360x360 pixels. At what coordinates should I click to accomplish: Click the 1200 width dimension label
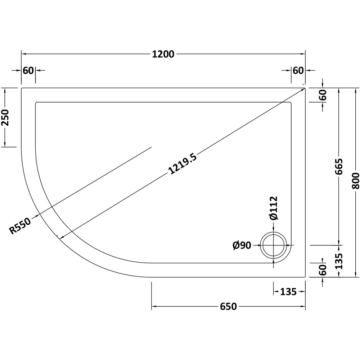(x=163, y=54)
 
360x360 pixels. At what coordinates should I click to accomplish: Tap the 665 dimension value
(x=339, y=166)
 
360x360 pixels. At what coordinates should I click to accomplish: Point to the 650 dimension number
(x=228, y=306)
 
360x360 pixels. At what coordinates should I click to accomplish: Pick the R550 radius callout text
(x=20, y=226)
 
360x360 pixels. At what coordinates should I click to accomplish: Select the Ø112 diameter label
(x=274, y=208)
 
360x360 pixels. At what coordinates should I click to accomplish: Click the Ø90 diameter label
(x=242, y=246)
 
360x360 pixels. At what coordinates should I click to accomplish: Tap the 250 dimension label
(x=5, y=117)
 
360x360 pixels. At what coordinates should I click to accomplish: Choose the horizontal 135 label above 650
(x=288, y=292)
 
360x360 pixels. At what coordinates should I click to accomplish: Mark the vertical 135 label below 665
(x=339, y=261)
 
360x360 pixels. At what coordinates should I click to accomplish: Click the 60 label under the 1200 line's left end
(x=28, y=71)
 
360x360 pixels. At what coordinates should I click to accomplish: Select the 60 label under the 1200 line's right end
(x=298, y=71)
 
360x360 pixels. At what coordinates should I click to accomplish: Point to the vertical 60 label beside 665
(x=323, y=95)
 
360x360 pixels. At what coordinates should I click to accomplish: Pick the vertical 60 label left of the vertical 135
(x=323, y=270)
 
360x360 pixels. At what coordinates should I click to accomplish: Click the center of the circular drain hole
(x=273, y=245)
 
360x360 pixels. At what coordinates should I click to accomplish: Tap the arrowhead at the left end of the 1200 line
(x=24, y=54)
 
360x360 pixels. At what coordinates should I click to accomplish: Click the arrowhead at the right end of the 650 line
(x=303, y=306)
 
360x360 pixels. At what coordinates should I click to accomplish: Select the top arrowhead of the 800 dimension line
(x=355, y=90)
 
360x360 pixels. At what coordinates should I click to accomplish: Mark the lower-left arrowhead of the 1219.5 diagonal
(x=62, y=237)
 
